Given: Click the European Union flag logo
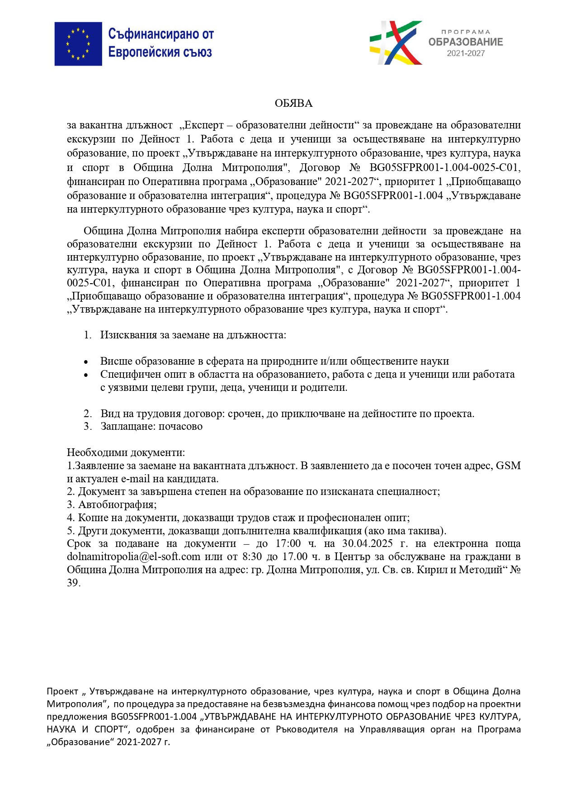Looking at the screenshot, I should pyautogui.click(x=78, y=44).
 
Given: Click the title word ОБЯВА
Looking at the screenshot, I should pyautogui.click(x=293, y=104).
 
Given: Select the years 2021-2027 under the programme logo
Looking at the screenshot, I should pyautogui.click(x=466, y=53).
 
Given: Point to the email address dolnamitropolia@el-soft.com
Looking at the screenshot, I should pyautogui.click(x=133, y=557).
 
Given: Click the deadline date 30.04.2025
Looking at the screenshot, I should pyautogui.click(x=367, y=544).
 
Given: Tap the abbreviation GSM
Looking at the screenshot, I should pyautogui.click(x=508, y=466).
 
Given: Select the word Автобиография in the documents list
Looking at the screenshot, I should pyautogui.click(x=117, y=505).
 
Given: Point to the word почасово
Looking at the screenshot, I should pyautogui.click(x=180, y=427).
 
